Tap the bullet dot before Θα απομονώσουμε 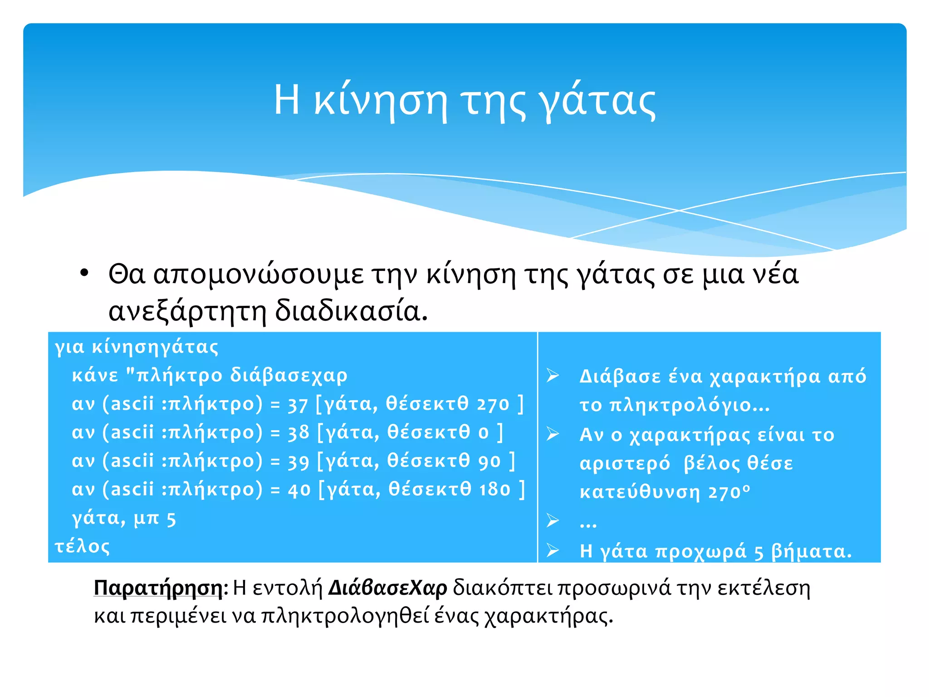tap(84, 274)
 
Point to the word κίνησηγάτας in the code tap(155, 347)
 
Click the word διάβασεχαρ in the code tap(288, 376)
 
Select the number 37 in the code tap(298, 405)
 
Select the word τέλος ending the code tap(82, 546)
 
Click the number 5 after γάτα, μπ tap(171, 519)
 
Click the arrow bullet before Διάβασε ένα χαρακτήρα tap(553, 376)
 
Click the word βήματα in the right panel tap(811, 551)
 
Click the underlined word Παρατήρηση tap(158, 588)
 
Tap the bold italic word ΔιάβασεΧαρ tap(388, 588)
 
